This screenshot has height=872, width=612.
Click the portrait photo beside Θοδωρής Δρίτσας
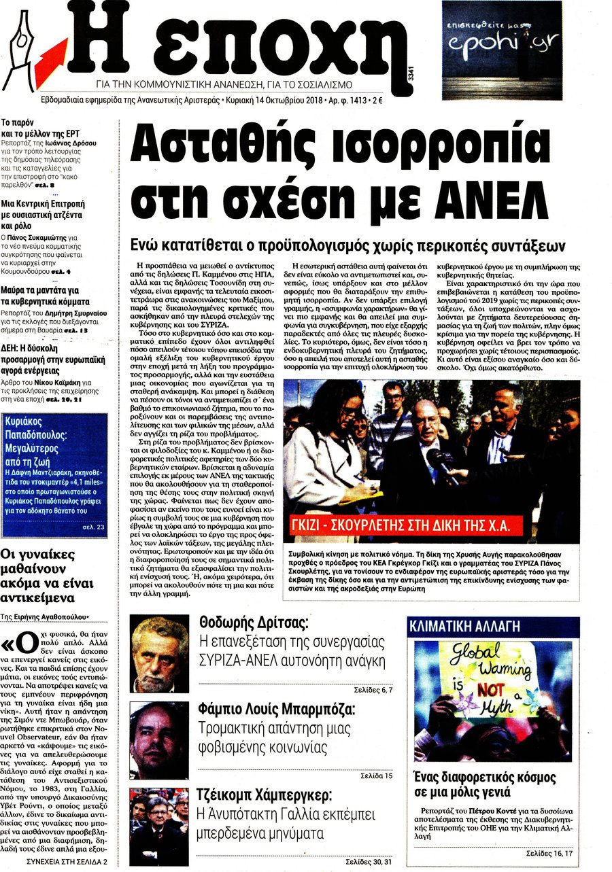click(x=159, y=653)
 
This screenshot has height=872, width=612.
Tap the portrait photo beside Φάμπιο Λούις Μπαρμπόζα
click(x=159, y=740)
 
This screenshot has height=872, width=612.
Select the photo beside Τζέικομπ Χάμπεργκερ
click(x=159, y=826)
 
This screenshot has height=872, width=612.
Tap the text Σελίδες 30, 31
click(x=367, y=862)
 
